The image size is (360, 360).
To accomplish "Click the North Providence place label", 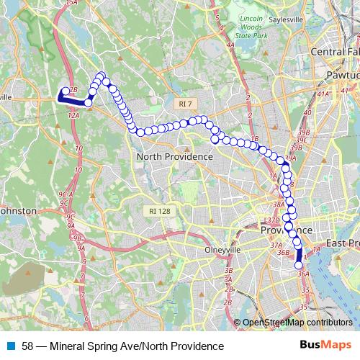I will pos(175,156).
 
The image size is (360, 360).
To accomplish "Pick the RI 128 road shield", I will pos(158,211).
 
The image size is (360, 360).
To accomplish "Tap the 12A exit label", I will pos(73,114).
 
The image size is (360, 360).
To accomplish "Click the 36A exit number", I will pos(302,274).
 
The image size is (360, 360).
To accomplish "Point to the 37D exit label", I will pos(273,220).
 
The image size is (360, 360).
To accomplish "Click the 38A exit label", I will pos(279,204).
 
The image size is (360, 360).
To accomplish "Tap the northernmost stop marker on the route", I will pos(101,76).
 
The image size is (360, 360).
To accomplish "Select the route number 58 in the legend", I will pos(27,346).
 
